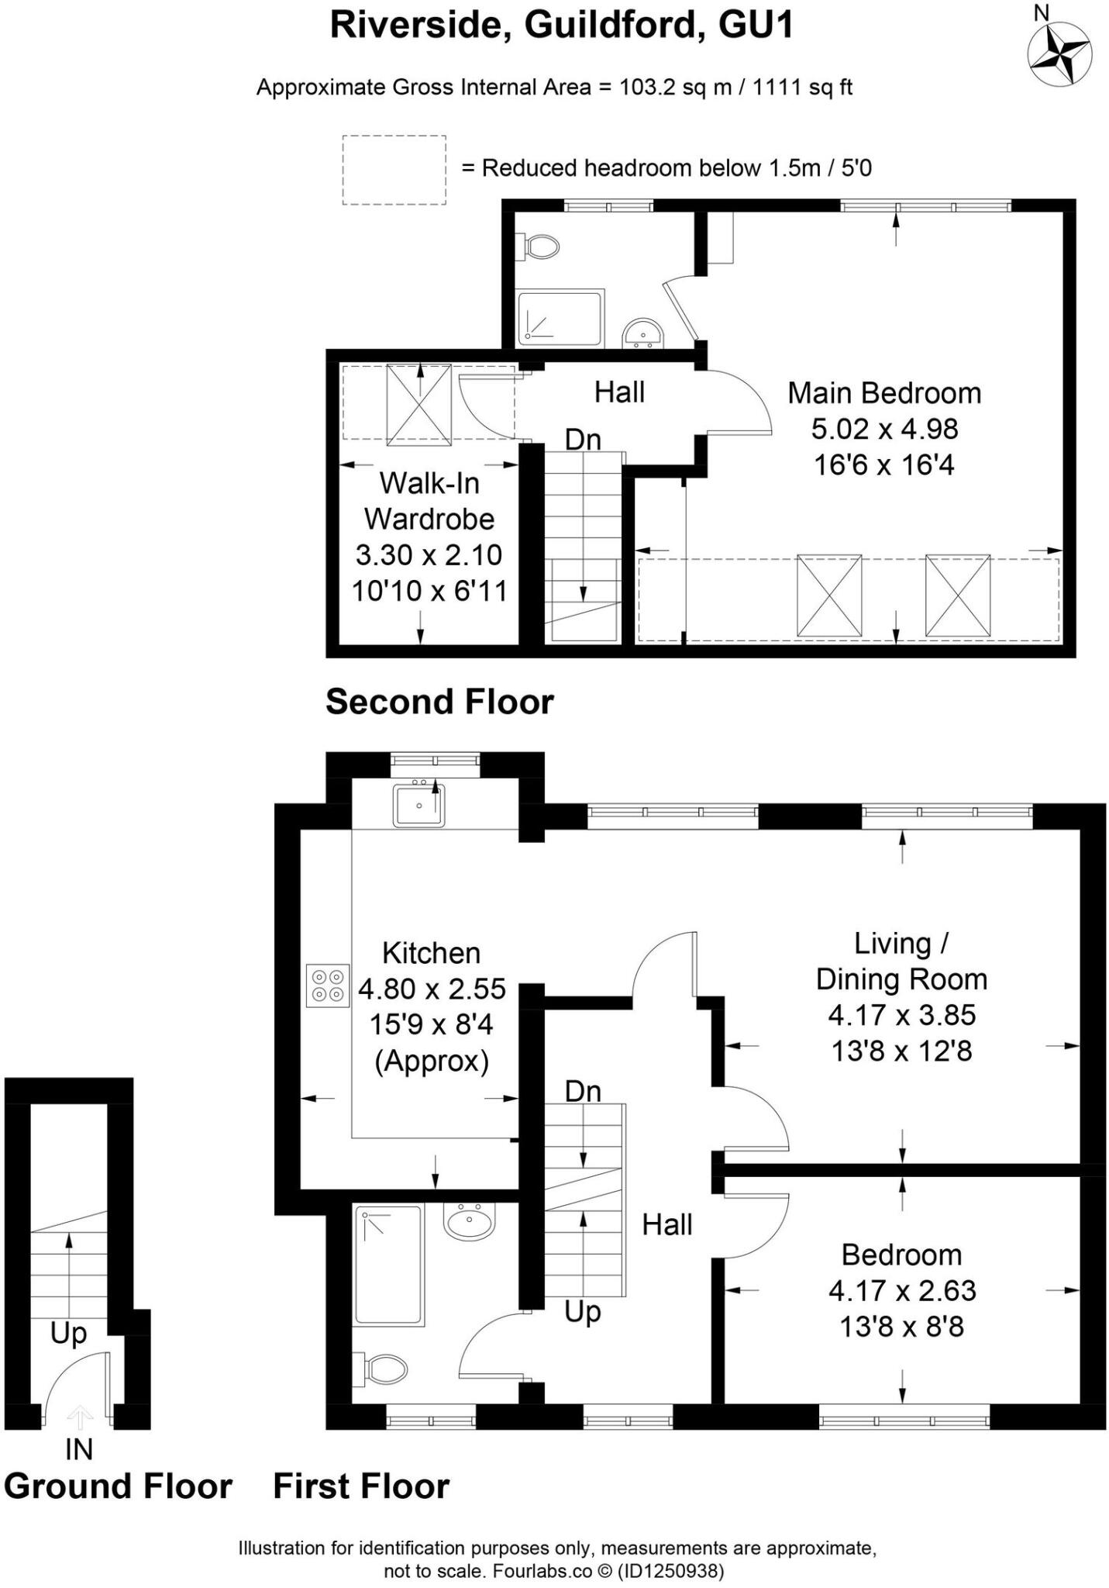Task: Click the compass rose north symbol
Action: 1059,53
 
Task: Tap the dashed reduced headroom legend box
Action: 394,170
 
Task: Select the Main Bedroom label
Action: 884,393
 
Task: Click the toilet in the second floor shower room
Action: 540,247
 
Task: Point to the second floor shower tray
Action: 560,318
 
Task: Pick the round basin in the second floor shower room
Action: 642,333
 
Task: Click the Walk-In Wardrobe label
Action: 429,501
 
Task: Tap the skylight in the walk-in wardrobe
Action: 418,405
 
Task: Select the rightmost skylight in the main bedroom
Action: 958,595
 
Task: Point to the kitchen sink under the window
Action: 418,806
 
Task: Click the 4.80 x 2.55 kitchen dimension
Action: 432,989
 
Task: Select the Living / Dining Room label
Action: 901,961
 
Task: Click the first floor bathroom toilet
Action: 383,1369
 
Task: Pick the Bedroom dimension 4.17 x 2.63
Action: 901,1291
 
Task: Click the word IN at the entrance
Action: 79,1448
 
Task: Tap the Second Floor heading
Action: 439,702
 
